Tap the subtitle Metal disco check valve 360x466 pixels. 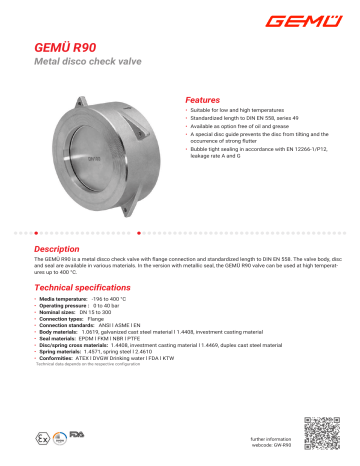click(x=83, y=62)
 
